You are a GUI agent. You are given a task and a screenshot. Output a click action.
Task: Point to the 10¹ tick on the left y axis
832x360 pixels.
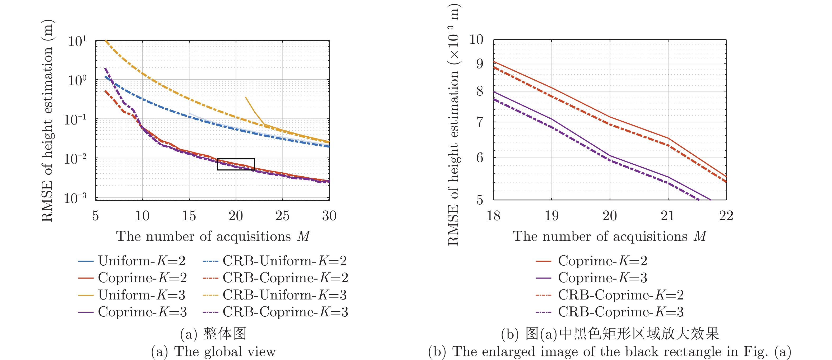point(77,41)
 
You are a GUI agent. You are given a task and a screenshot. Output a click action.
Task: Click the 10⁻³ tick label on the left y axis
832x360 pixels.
point(75,198)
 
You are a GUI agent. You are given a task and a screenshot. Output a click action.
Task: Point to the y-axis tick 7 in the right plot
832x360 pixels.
point(480,122)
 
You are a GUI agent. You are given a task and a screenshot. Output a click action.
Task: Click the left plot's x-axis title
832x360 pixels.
point(213,237)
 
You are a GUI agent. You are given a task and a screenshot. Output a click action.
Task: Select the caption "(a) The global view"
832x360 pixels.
point(213,352)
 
